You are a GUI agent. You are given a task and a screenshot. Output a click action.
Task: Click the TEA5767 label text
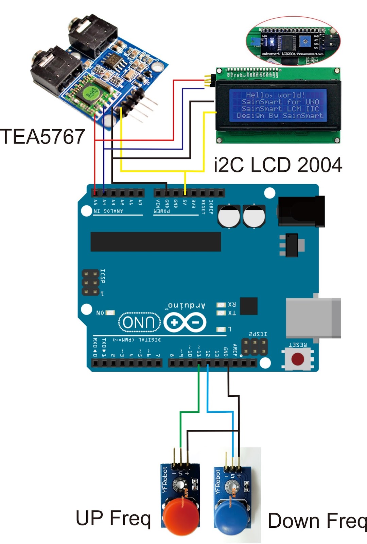42,137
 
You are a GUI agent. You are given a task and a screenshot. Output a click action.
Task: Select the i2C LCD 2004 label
278,165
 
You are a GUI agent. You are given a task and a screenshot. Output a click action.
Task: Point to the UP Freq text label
113,518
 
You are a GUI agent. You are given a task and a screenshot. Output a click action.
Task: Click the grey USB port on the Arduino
313,318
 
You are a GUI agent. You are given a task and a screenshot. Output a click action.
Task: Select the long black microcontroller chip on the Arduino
156,241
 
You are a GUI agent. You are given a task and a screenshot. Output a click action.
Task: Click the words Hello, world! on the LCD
275,95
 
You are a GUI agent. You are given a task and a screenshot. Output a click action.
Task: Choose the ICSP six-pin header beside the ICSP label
90,283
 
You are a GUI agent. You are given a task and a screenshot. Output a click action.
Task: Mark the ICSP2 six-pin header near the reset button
254,347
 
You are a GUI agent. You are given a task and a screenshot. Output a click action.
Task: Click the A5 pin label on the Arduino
95,202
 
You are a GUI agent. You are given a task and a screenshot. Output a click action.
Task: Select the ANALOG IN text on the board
108,211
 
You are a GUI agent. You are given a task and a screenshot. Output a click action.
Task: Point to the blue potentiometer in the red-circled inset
305,41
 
